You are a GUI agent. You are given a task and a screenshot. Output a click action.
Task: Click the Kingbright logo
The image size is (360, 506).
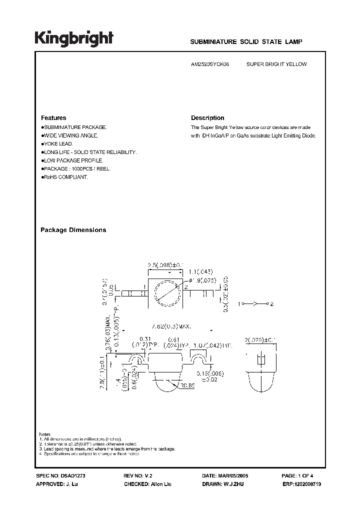click(73, 38)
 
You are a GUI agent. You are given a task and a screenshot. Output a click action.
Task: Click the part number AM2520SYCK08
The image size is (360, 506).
click(211, 64)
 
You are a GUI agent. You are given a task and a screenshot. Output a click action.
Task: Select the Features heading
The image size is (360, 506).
click(53, 118)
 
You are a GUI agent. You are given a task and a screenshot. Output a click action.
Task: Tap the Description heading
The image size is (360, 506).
click(207, 118)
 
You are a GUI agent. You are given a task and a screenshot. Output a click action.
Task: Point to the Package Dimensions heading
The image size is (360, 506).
click(73, 230)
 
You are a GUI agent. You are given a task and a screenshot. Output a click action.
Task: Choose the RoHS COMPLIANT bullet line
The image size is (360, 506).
click(65, 177)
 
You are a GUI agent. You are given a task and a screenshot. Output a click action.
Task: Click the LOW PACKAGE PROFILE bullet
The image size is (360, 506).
click(73, 160)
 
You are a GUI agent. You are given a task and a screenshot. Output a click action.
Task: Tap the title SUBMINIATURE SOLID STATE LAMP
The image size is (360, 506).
click(246, 43)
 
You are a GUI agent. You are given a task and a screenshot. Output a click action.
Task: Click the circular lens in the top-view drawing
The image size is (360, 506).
click(165, 292)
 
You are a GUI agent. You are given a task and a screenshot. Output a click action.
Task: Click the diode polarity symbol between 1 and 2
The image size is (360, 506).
click(255, 303)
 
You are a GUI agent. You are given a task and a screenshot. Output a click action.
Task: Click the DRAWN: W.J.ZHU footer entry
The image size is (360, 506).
click(223, 485)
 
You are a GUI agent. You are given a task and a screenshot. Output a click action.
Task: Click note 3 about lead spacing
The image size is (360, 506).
click(107, 448)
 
